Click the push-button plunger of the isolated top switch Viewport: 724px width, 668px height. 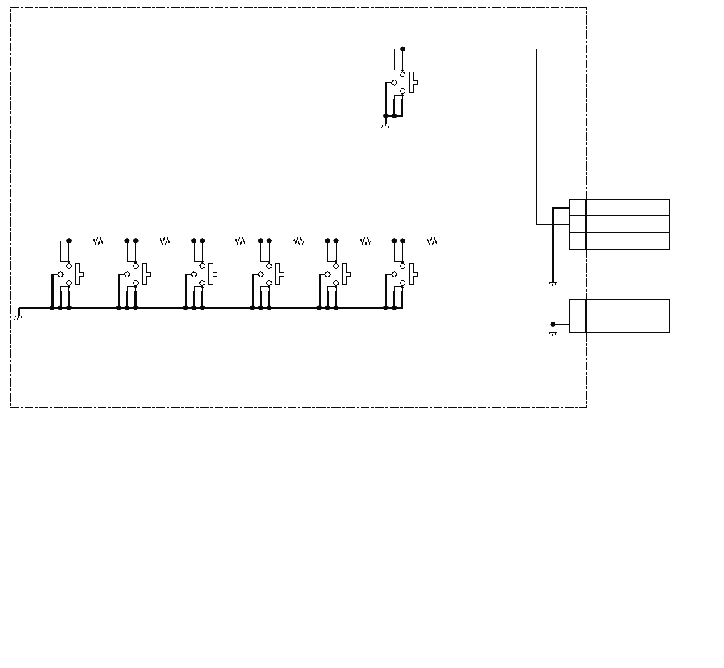click(414, 82)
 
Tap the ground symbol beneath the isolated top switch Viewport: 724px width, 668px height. click(385, 125)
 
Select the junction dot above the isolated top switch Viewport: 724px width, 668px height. click(402, 49)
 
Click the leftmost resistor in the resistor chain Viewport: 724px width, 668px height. click(98, 241)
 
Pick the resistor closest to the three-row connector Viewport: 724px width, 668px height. click(432, 241)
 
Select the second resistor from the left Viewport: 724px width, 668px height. click(165, 241)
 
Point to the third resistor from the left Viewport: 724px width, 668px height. click(240, 241)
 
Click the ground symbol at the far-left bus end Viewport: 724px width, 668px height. click(18, 317)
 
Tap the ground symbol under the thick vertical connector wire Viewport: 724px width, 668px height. click(553, 284)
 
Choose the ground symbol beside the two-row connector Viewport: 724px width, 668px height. click(553, 334)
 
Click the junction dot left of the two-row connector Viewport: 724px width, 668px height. click(553, 324)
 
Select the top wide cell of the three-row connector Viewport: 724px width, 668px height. click(628, 207)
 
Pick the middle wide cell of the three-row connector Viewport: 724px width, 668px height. click(628, 224)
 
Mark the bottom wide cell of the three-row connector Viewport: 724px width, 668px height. click(628, 241)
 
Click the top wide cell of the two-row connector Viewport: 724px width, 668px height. click(628, 308)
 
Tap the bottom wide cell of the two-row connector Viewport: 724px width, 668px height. click(628, 324)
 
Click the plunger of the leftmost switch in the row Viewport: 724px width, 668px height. click(80, 274)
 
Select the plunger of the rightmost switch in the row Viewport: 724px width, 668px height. click(414, 274)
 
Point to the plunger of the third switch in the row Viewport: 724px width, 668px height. click(213, 274)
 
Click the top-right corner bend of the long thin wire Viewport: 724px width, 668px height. click(537, 49)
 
